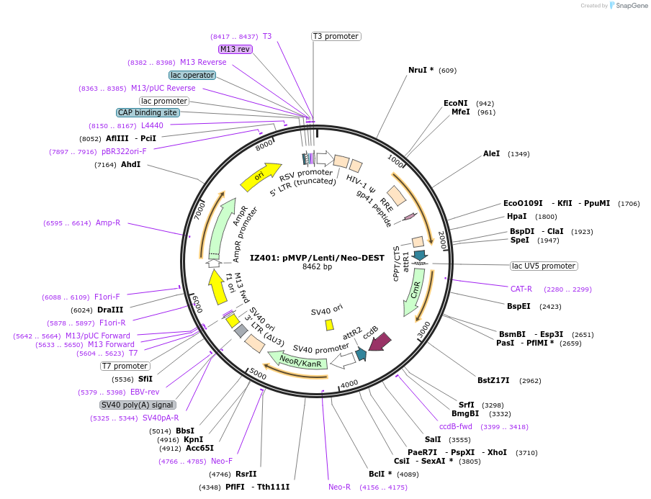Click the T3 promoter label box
(336, 36)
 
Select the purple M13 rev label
(235, 49)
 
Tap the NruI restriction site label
(421, 70)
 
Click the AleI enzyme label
(492, 153)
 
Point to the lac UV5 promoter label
(543, 266)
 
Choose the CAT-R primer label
(521, 289)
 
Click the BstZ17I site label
(493, 380)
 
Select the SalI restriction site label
(433, 439)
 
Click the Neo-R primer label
(340, 487)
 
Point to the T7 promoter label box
(125, 366)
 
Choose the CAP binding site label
(148, 112)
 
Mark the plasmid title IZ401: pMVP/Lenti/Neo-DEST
(316, 257)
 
